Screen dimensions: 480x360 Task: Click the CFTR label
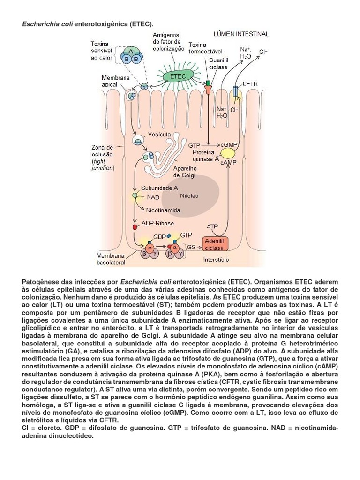click(250, 84)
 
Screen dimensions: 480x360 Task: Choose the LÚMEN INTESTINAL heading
click(241, 34)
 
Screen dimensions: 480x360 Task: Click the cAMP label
click(228, 162)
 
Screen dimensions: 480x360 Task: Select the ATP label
click(212, 226)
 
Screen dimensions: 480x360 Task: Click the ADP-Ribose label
click(161, 224)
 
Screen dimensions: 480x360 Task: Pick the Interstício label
click(216, 259)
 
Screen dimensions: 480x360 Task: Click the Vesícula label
click(159, 135)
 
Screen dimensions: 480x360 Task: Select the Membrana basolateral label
click(111, 260)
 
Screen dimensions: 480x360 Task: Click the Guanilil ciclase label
click(219, 64)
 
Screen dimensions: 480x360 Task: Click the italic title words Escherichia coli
click(46, 23)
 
